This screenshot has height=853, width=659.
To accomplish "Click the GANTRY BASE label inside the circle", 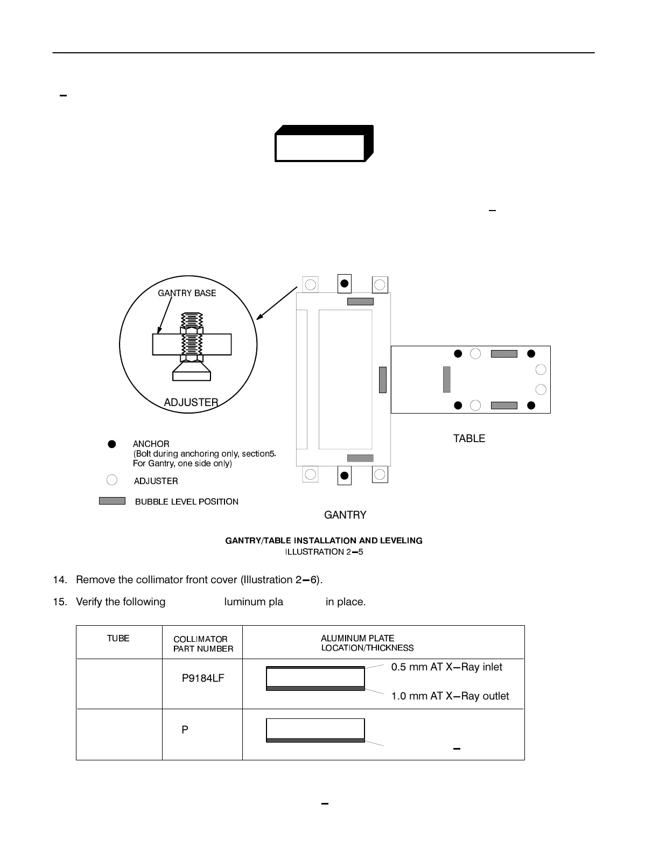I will (187, 293).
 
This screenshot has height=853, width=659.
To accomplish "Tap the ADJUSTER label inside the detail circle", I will (191, 402).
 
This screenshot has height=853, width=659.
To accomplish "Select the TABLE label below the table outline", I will (469, 438).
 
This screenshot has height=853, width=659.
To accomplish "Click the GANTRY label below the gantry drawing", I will (345, 515).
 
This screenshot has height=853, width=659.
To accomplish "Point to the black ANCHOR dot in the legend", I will (111, 444).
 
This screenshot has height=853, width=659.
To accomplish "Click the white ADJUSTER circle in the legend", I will (111, 480).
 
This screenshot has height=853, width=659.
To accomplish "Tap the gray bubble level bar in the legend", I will (112, 501).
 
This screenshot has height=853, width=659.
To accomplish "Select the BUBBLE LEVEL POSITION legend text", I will (186, 502).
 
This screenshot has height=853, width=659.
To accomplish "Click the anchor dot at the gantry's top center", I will (345, 283).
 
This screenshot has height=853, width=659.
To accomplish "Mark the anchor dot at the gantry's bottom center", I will (345, 476).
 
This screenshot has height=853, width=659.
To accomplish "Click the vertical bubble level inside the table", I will (446, 379).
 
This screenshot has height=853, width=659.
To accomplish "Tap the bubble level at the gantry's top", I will (360, 302).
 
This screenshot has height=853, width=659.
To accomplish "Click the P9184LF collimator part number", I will (202, 678).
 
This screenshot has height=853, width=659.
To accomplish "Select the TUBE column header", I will (118, 638).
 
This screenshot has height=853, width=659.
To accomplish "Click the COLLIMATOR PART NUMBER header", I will (203, 644).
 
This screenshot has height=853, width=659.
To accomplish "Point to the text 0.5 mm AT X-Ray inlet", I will (446, 667).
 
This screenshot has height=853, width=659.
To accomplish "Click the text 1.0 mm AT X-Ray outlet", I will (450, 696).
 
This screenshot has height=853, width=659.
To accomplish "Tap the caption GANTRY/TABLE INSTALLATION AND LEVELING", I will (324, 540).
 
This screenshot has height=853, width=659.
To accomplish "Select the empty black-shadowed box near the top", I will (320, 147).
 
